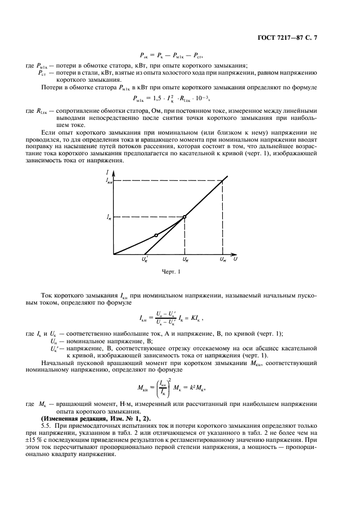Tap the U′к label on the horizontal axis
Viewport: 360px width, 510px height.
point(145,261)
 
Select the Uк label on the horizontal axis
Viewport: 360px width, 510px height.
point(186,261)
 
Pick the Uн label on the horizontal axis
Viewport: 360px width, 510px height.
point(223,261)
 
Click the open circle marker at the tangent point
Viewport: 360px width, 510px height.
point(185,217)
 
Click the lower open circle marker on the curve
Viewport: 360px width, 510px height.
point(156,235)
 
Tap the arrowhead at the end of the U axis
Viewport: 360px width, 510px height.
point(235,254)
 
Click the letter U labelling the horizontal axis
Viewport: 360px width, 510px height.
point(236,260)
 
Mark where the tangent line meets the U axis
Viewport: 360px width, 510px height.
point(147,254)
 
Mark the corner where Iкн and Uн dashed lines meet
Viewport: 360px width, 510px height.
point(223,180)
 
